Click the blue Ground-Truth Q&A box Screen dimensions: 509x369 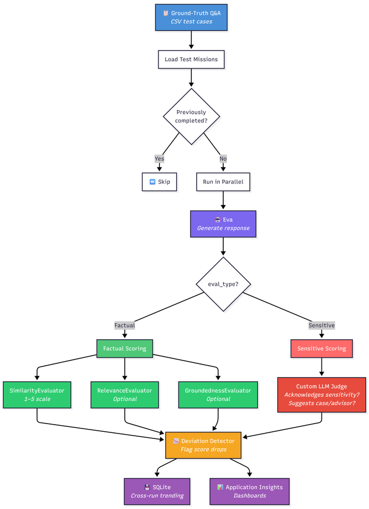(x=191, y=17)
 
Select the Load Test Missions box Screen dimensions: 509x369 (x=191, y=59)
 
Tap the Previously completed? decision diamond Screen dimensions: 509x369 (x=191, y=116)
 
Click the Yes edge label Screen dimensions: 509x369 (x=160, y=158)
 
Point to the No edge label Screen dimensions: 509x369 (x=223, y=158)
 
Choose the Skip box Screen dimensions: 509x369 (x=160, y=181)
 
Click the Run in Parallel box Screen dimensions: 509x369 (x=223, y=181)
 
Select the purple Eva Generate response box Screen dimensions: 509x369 (x=223, y=224)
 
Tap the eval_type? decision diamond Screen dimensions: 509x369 (x=223, y=284)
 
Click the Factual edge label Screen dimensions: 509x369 (x=125, y=325)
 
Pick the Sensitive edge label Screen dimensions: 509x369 (x=321, y=325)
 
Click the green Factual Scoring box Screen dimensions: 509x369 (x=125, y=349)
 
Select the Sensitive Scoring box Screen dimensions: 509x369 (x=321, y=349)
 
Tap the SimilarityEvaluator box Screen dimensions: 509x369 (x=37, y=394)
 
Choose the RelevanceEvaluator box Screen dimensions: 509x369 (x=125, y=394)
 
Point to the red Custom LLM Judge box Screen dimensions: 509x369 (x=321, y=394)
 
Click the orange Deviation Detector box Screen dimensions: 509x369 (x=203, y=445)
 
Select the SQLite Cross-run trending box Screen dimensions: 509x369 (x=157, y=491)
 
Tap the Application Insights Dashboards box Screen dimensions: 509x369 (x=250, y=491)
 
